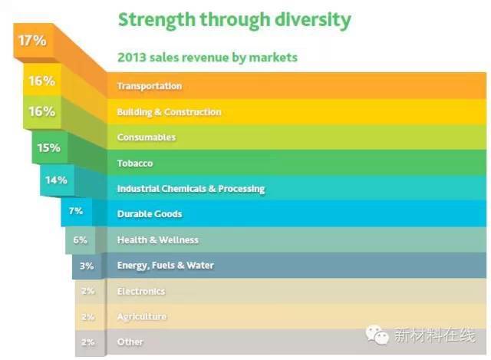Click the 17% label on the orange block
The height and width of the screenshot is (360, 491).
[x=32, y=41]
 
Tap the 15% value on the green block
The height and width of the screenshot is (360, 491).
[x=48, y=147]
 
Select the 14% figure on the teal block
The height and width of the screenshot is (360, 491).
[x=56, y=180]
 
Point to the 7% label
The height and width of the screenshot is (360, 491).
[x=75, y=210]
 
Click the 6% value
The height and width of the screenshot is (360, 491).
[x=80, y=239]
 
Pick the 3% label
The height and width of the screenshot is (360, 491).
[x=86, y=266]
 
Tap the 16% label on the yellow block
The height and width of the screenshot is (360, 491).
[x=41, y=80]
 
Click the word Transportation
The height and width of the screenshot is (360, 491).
[x=149, y=86]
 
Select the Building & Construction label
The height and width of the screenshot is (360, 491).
[x=169, y=112]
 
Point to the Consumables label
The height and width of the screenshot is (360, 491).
[x=146, y=137]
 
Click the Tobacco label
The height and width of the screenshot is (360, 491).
[x=134, y=163]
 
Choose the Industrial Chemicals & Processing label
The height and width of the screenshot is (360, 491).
[x=190, y=189]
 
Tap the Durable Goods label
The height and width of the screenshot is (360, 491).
[x=149, y=214]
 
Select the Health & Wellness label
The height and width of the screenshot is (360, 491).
[x=157, y=240]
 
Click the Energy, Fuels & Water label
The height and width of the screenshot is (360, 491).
[x=165, y=266]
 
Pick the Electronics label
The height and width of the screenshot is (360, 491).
[x=140, y=292]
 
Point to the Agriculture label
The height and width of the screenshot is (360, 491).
[x=141, y=316]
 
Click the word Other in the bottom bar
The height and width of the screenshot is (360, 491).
[x=130, y=342]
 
